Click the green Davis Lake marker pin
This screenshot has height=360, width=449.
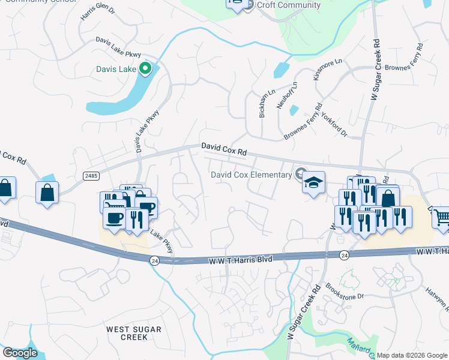click(x=145, y=70)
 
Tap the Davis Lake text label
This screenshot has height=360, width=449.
click(x=116, y=69)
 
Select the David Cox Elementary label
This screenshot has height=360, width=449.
click(x=252, y=175)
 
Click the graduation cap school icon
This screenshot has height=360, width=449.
click(x=313, y=182)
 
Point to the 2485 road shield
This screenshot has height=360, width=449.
click(x=91, y=175)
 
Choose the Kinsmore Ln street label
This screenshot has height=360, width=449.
click(x=327, y=69)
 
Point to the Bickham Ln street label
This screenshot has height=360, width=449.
click(x=262, y=105)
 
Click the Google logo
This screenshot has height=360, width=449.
click(x=20, y=353)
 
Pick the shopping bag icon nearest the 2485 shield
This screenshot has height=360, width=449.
click(x=47, y=193)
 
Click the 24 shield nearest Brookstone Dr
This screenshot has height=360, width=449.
click(x=344, y=255)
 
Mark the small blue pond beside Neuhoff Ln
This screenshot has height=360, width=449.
click(x=294, y=110)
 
